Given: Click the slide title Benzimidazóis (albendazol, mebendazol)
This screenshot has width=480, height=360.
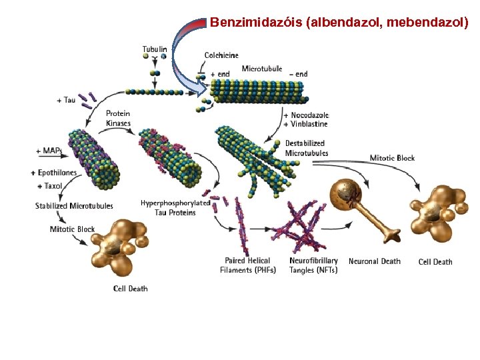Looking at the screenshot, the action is (x=339, y=22).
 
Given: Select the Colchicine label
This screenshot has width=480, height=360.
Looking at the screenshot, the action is (x=221, y=55).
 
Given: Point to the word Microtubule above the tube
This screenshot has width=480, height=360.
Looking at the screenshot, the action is (x=261, y=69).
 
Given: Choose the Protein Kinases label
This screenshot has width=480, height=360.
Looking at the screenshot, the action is (x=118, y=118).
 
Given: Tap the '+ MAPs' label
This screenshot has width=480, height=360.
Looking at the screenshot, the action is (x=49, y=151).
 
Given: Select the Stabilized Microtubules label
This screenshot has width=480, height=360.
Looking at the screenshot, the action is (x=74, y=206).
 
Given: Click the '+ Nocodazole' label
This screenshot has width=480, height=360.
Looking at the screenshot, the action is (x=306, y=115).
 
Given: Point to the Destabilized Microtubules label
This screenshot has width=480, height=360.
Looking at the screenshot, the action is (x=306, y=147).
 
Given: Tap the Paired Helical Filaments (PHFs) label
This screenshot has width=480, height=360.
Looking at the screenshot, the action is (x=247, y=265).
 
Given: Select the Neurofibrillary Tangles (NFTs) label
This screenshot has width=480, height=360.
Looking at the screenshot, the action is (x=313, y=265).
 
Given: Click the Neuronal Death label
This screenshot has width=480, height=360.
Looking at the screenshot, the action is (x=374, y=261).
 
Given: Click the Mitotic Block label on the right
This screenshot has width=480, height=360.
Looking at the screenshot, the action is (x=392, y=158).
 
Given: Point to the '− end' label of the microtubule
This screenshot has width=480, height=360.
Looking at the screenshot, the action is (x=298, y=74).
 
